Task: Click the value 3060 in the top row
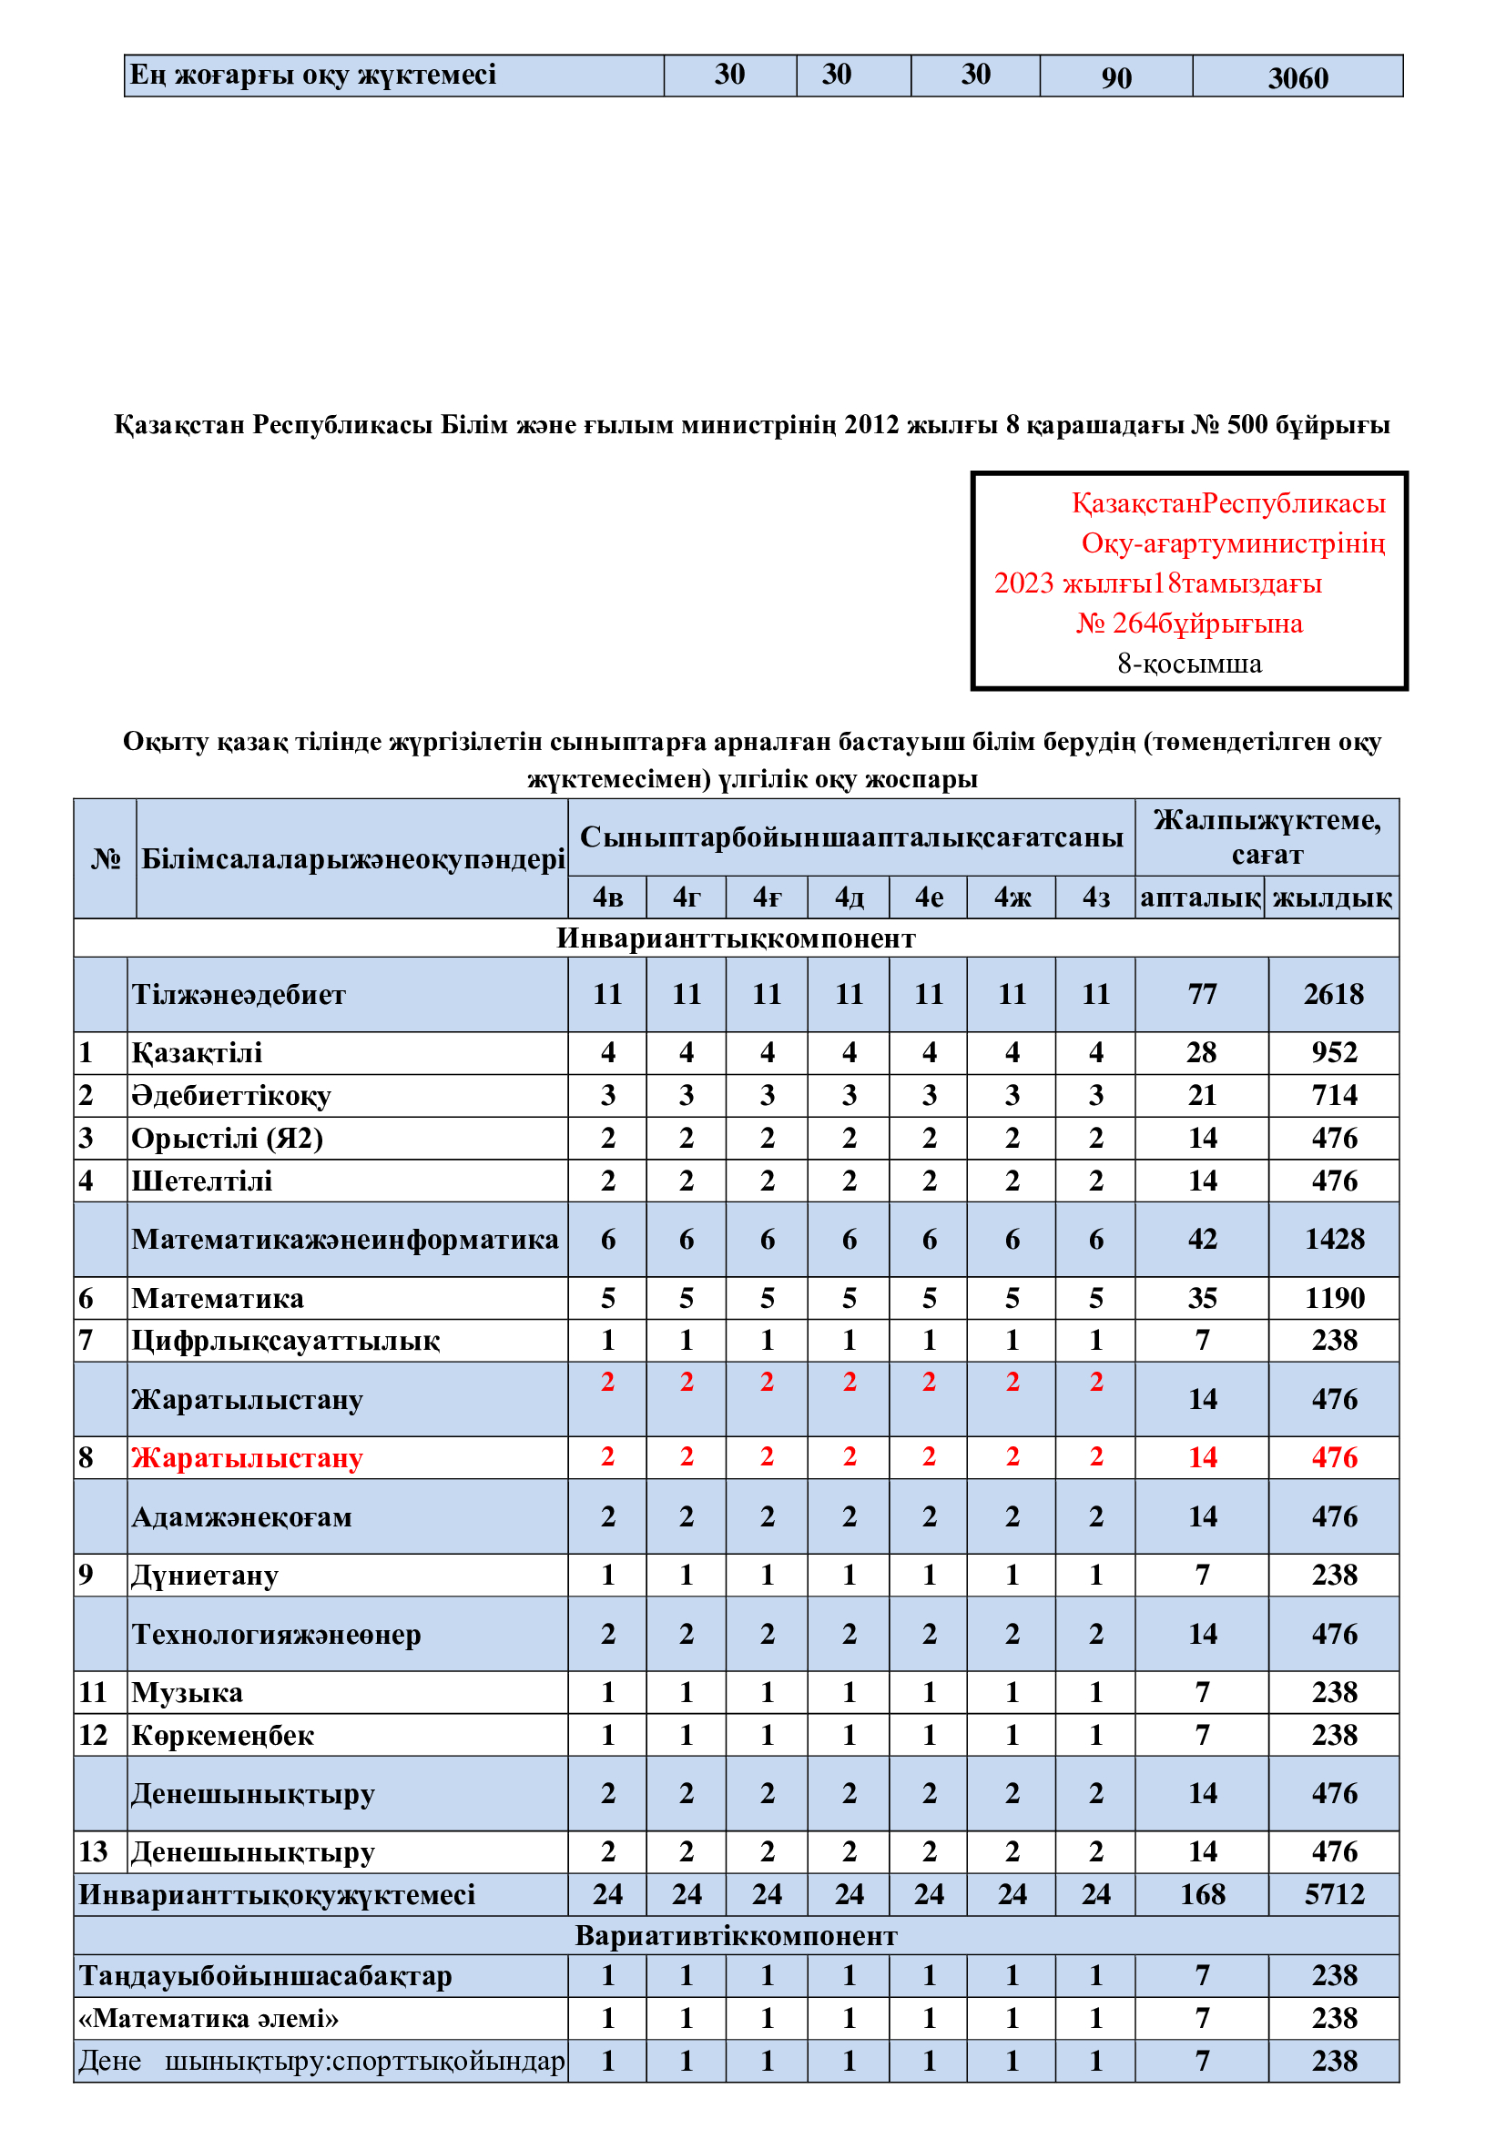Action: point(1297,78)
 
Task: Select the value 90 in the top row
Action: point(1115,78)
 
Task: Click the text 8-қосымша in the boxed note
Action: point(1189,663)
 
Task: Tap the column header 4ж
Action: point(1012,897)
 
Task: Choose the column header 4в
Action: point(607,897)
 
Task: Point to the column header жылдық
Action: point(1332,897)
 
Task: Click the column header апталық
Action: point(1200,897)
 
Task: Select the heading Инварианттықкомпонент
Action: point(736,938)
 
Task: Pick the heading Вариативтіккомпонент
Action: point(736,1935)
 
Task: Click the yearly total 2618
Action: point(1334,994)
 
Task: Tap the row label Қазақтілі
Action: point(197,1052)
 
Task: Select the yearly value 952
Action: point(1334,1052)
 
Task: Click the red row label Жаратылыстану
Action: point(247,1457)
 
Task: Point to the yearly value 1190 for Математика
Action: point(1334,1298)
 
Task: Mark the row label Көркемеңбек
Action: point(222,1735)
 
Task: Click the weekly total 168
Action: point(1202,1893)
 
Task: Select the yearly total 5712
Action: point(1334,1893)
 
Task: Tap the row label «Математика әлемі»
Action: point(209,2018)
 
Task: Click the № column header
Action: point(106,858)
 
